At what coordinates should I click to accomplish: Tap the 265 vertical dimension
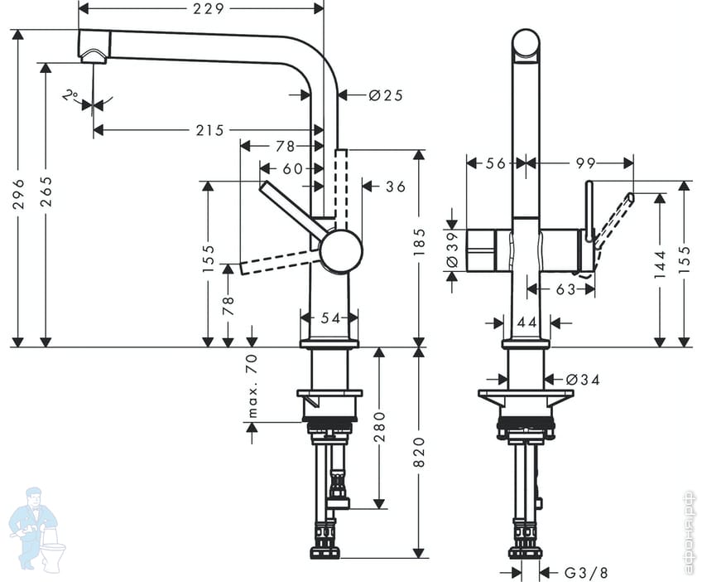[x=46, y=192]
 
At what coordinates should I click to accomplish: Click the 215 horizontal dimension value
[x=210, y=130]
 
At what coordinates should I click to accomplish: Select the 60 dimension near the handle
[x=292, y=168]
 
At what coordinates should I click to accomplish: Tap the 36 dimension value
[x=395, y=187]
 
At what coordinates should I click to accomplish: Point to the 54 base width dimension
[x=329, y=317]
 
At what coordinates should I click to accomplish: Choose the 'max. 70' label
[x=252, y=386]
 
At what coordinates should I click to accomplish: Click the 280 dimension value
[x=378, y=426]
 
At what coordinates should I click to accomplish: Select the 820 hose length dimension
[x=419, y=453]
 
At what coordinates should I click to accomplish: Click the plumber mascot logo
[x=36, y=530]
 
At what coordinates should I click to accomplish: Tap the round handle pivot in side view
[x=340, y=251]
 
